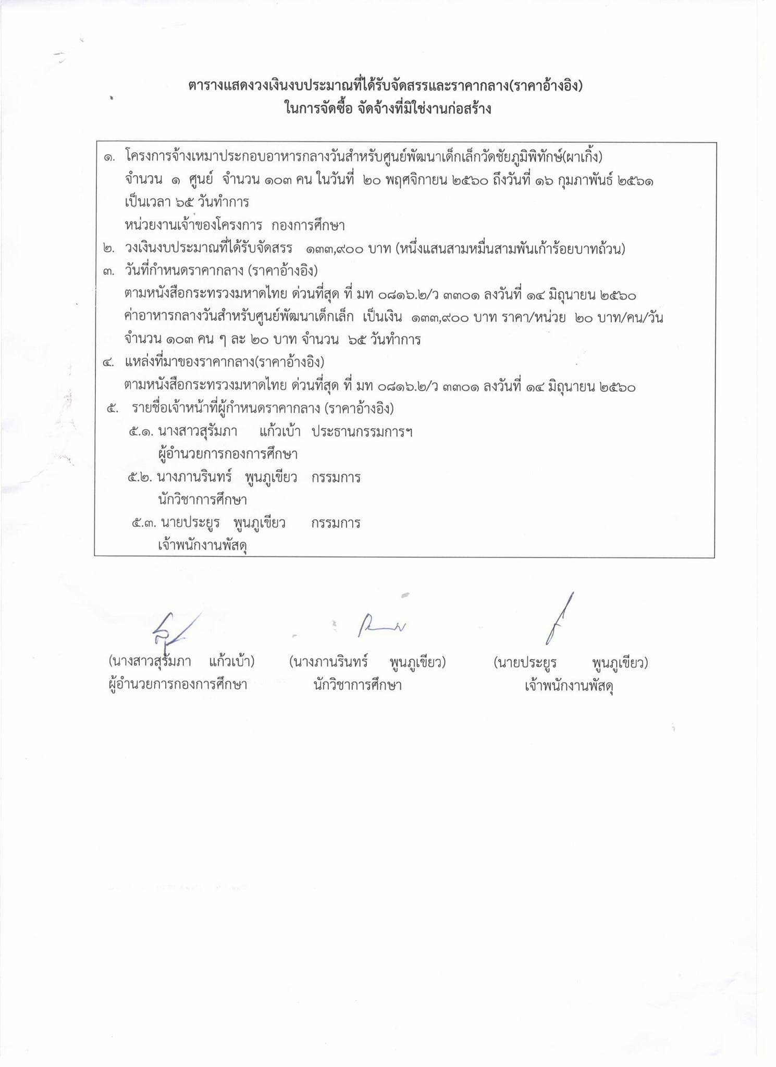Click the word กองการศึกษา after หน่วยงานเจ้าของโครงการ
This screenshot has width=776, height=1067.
(308, 226)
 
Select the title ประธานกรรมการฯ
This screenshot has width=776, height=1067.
(362, 432)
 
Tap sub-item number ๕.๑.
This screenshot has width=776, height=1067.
(141, 432)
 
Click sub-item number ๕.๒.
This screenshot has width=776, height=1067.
(140, 478)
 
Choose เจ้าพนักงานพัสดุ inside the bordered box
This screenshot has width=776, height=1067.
(202, 545)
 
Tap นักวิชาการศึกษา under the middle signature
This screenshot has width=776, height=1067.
(358, 685)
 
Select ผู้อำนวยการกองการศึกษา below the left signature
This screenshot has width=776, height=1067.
(178, 685)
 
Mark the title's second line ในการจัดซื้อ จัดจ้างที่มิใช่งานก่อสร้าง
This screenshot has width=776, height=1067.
(388, 109)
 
